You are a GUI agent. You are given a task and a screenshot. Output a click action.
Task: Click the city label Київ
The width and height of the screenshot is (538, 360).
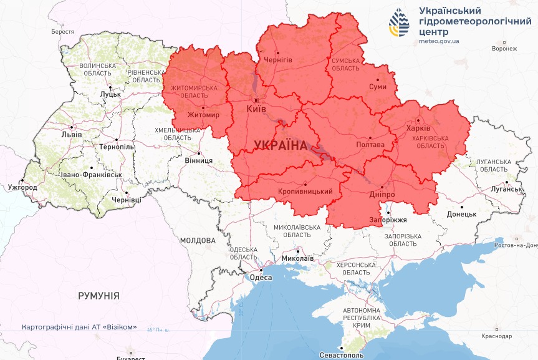tap(256, 109)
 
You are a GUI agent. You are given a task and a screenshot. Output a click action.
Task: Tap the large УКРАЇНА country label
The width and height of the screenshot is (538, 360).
tap(281, 145)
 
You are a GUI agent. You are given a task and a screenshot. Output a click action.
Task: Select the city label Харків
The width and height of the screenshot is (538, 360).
tap(418, 128)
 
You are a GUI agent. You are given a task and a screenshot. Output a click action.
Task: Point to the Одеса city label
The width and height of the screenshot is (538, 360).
tap(261, 278)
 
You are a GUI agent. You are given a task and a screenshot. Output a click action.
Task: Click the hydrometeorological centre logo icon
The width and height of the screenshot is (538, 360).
tap(400, 24)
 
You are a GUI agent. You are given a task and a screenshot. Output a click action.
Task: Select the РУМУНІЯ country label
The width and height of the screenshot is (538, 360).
tap(98, 295)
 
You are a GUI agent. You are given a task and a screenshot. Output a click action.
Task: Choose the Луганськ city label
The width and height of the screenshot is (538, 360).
tap(506, 189)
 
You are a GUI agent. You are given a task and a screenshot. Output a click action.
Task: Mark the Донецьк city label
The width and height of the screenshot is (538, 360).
tap(461, 214)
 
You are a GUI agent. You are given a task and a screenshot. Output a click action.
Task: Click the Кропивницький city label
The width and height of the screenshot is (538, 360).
tap(305, 191)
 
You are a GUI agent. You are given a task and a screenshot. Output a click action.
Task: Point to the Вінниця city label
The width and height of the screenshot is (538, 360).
tap(199, 160)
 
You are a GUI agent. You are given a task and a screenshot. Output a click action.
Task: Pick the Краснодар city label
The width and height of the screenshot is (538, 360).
tap(496, 336)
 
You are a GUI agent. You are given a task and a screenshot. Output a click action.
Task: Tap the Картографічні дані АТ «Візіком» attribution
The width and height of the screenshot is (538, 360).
tap(79, 327)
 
